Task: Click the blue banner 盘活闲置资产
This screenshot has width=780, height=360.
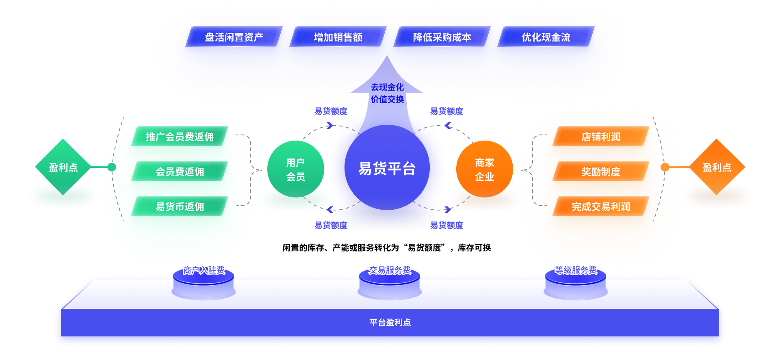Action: coord(234,37)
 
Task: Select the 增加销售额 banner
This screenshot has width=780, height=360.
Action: coord(338,37)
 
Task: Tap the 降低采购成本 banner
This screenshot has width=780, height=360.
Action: coord(442,37)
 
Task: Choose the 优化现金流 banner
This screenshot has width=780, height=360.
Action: coord(546,37)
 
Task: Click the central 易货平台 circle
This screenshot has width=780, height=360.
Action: coord(387,168)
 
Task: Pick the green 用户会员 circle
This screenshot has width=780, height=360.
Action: coord(295,169)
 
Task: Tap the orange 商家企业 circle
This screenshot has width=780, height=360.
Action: coord(484,169)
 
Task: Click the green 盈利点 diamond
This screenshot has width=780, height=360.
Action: coord(63,167)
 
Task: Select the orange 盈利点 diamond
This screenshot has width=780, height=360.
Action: coord(717,167)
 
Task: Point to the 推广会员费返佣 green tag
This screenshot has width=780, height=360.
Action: coord(179,137)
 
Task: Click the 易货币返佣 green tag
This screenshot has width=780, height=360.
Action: coord(179,206)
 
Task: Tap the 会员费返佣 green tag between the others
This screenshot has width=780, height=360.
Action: coord(179,171)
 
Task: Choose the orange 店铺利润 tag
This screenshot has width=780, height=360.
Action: coord(600,137)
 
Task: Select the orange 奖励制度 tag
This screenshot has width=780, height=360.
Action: coord(600,171)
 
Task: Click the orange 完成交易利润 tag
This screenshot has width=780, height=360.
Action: coord(600,206)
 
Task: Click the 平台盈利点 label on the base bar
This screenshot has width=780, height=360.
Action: coord(390,323)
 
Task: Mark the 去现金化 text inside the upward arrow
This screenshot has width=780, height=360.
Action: coord(387,87)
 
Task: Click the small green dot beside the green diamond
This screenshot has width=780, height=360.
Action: coord(112,167)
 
